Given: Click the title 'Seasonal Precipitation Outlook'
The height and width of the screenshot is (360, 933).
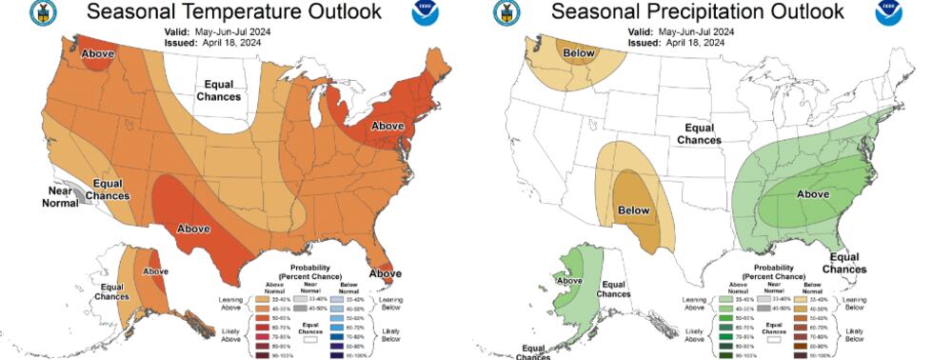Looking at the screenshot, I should pyautogui.click(x=697, y=12).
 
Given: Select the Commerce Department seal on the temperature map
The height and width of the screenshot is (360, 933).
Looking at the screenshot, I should pyautogui.click(x=43, y=12).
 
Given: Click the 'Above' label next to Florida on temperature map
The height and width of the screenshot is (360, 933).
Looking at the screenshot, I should pyautogui.click(x=385, y=274).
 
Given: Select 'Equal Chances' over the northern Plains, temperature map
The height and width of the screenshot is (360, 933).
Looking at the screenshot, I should pyautogui.click(x=218, y=90).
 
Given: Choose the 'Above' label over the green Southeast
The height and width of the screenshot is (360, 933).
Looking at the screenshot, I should pyautogui.click(x=811, y=194).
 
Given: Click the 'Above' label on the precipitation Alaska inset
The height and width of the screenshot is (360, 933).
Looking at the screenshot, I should pyautogui.click(x=568, y=281).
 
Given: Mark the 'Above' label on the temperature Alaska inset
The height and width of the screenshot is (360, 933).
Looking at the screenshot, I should pyautogui.click(x=154, y=271).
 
